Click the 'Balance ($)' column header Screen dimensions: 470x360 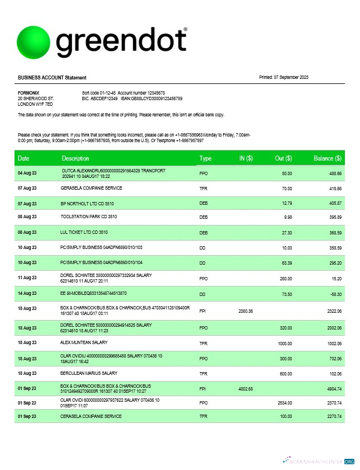tap(327, 158)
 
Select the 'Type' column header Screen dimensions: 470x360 tap(205, 158)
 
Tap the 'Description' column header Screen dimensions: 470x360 tap(75, 158)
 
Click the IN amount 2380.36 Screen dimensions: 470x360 tap(246, 310)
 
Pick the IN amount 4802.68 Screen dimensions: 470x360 tap(246, 388)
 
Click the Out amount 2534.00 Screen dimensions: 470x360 tap(285, 402)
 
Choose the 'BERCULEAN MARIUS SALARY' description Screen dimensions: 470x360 tap(88, 373)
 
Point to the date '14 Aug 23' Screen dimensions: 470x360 tap(27, 293)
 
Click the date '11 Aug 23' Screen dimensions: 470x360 tap(27, 278)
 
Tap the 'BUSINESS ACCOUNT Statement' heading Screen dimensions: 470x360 tap(52, 77)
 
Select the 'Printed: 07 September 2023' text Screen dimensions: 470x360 tap(284, 77)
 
